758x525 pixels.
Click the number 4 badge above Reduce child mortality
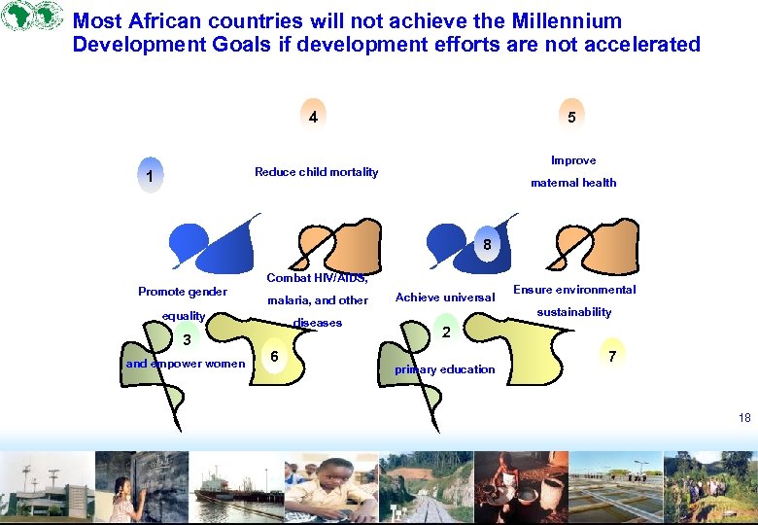[x=313, y=117]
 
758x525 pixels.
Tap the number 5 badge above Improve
[x=571, y=117]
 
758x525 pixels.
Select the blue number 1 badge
[x=150, y=176]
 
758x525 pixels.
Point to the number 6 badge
[x=275, y=357]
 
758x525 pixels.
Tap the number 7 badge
[x=611, y=357]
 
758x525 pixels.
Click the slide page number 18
[x=744, y=417]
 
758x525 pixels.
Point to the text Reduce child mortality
[x=316, y=172]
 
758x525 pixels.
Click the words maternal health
[x=572, y=183]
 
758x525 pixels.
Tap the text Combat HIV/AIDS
[x=317, y=279]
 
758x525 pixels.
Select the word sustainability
[x=573, y=312]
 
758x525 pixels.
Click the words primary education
[x=444, y=369]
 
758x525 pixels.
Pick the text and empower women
[x=186, y=365]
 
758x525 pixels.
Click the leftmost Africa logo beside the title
[x=17, y=17]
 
